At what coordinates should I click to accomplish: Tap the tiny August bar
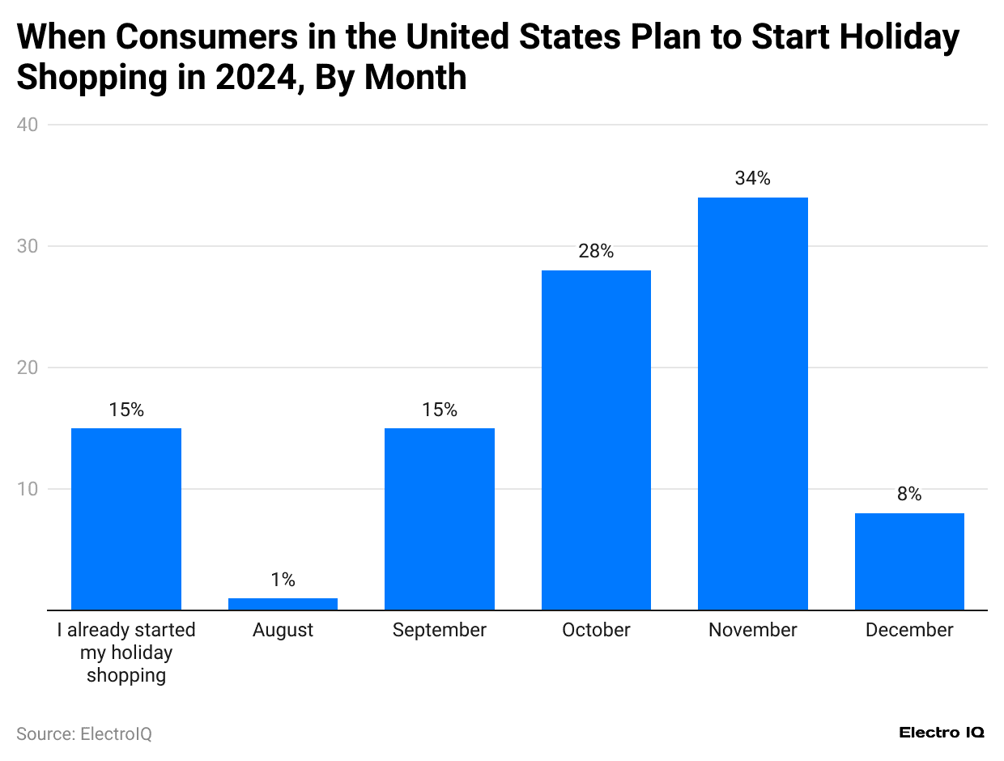click(283, 604)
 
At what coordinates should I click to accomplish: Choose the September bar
click(439, 519)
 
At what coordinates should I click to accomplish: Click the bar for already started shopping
click(126, 519)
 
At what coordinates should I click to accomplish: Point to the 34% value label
click(752, 179)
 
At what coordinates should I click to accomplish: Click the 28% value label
click(596, 252)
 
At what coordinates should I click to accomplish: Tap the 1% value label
click(283, 580)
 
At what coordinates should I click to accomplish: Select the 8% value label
click(909, 495)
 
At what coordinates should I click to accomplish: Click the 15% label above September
click(439, 410)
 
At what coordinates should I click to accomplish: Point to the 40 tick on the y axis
click(29, 125)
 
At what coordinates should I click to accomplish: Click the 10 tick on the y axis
click(29, 489)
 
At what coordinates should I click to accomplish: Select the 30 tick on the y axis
click(29, 246)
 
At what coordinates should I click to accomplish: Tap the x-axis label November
click(752, 630)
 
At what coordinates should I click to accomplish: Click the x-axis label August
click(283, 630)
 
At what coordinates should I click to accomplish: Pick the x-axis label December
click(909, 630)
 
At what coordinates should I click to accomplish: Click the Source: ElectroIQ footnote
click(84, 734)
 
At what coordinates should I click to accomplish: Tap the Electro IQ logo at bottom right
click(942, 732)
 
